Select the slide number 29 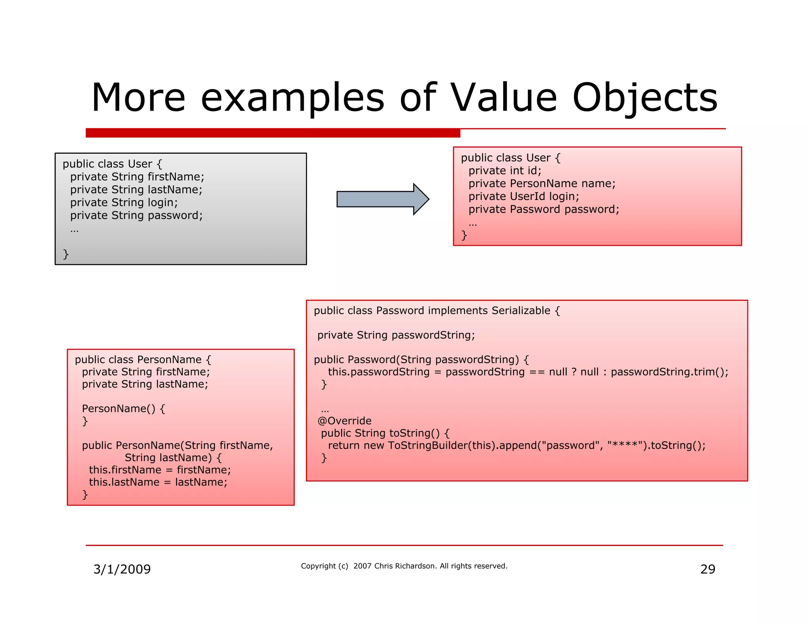point(707,569)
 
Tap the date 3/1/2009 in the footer point(122,569)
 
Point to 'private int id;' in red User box point(504,171)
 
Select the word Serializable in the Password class point(521,311)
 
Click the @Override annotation point(344,421)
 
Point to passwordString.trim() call point(669,372)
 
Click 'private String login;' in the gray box point(124,203)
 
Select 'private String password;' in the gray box point(136,216)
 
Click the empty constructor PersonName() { point(123,409)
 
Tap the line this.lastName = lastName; point(158,482)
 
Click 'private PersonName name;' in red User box point(542,184)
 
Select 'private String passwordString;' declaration point(396,335)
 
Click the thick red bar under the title point(273,133)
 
